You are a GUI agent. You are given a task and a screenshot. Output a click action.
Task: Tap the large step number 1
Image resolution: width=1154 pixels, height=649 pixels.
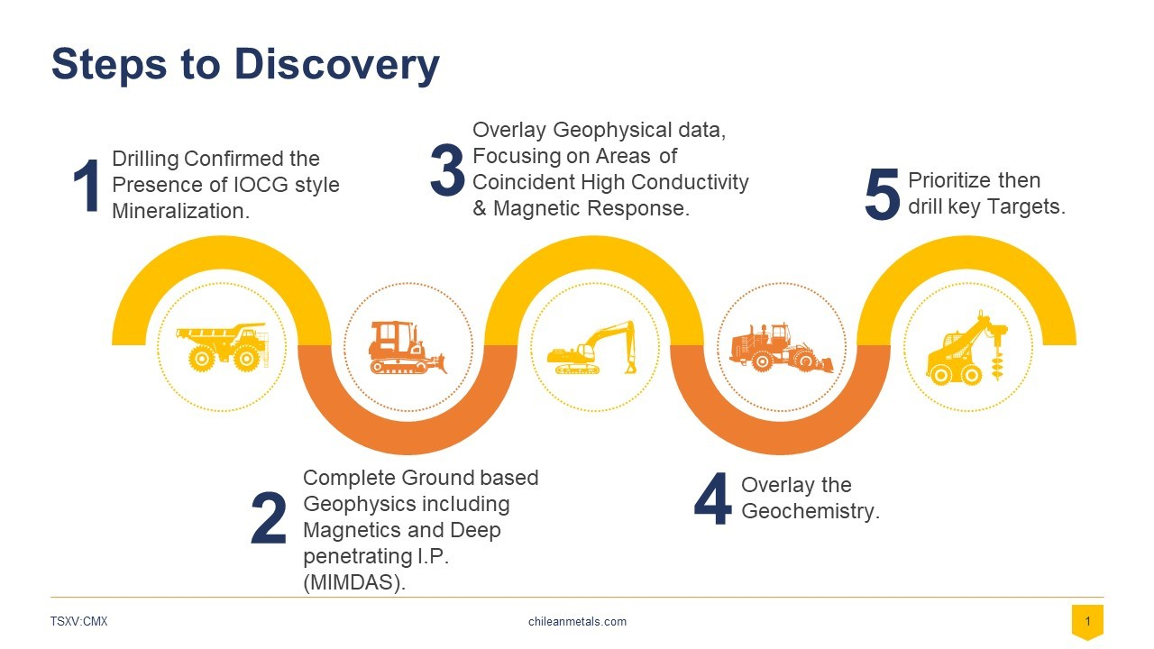click(x=87, y=185)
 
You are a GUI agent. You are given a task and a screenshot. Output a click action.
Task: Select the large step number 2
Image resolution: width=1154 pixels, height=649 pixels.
click(x=269, y=518)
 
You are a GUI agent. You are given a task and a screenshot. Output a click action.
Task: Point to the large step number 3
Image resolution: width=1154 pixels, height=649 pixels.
click(x=447, y=170)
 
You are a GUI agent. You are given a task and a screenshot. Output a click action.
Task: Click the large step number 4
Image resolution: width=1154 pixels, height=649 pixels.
click(x=712, y=498)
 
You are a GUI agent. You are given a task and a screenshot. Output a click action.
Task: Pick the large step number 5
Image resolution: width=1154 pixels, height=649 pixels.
click(x=882, y=194)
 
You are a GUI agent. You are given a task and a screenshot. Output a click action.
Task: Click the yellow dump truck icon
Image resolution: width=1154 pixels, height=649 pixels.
click(x=222, y=347)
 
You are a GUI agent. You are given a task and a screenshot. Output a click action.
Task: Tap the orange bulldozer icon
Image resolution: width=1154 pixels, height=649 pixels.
click(x=408, y=347)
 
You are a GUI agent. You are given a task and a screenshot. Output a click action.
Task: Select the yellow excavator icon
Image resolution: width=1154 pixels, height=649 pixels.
click(x=591, y=347)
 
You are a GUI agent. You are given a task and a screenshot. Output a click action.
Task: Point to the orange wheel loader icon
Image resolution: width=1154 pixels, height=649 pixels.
click(x=781, y=347)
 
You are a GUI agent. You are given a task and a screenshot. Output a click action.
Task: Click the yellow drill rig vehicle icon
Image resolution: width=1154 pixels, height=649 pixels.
click(x=967, y=347)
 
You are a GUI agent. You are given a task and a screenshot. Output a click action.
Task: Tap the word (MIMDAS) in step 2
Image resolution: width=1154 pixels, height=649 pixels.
click(x=354, y=582)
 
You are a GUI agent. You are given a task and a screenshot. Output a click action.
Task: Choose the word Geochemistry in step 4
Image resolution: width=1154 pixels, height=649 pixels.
click(x=811, y=511)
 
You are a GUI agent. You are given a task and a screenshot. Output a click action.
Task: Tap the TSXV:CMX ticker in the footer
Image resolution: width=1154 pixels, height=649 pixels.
click(x=78, y=621)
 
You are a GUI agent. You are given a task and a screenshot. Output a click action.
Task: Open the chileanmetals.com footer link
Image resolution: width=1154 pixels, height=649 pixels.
click(x=577, y=621)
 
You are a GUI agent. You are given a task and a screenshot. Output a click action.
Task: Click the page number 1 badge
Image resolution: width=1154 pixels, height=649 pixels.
click(x=1087, y=622)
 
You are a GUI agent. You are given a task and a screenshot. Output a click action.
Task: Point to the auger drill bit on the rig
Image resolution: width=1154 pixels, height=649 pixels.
click(x=998, y=355)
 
